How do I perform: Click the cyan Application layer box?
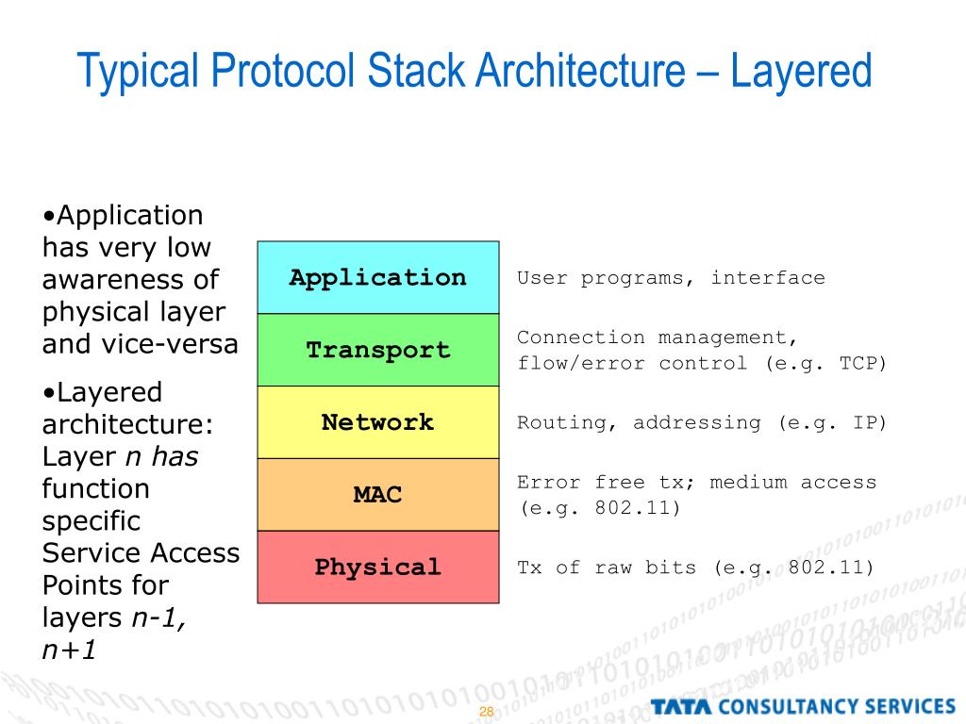point(377,277)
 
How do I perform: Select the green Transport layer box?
point(377,350)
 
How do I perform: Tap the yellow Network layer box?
point(377,422)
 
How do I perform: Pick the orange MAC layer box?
point(377,494)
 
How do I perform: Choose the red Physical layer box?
point(377,567)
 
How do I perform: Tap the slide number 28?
point(487,711)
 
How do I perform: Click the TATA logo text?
point(680,706)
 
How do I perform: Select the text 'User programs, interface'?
point(671,278)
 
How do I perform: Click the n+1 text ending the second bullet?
point(70,650)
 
